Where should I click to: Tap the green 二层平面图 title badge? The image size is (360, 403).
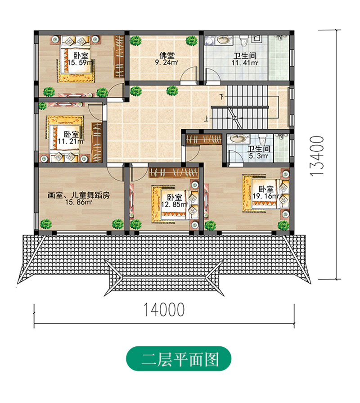[180, 359]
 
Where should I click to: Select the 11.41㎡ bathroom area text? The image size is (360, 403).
[246, 63]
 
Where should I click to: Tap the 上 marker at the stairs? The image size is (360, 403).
[206, 119]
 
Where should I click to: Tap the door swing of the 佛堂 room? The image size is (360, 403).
[191, 74]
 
